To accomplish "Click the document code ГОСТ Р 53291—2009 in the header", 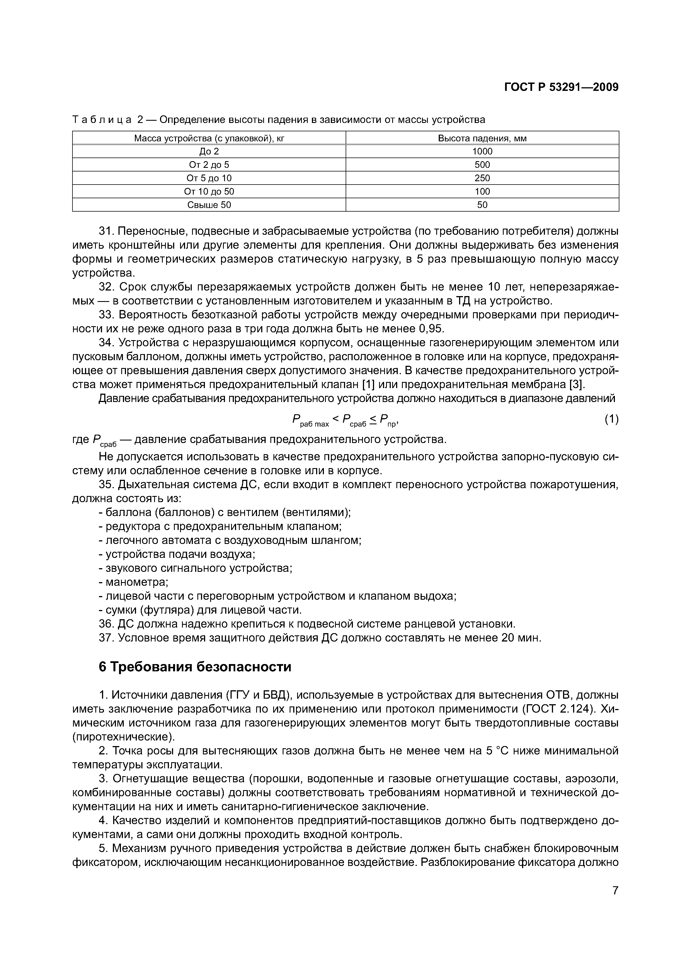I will click(561, 87).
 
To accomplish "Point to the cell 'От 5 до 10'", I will click(209, 178).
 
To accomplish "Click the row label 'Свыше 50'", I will click(209, 205).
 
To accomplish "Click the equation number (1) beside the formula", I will click(611, 420).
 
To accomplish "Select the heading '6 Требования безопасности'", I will click(195, 667).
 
